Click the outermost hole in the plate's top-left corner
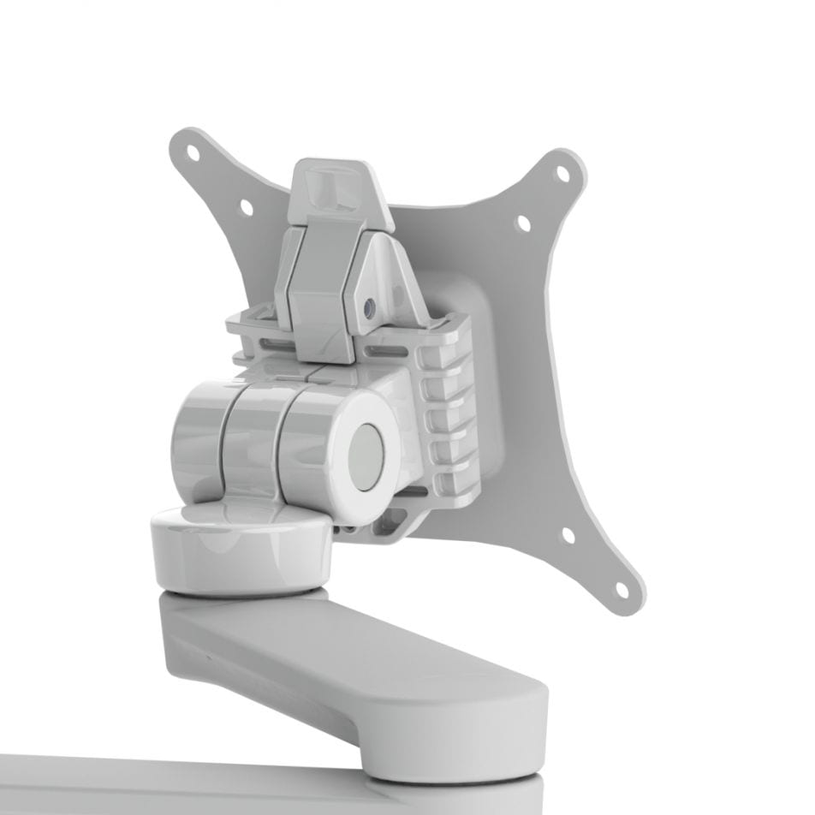[193, 155]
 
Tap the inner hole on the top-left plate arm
[246, 206]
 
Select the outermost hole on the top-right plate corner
[563, 173]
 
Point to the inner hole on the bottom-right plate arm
[568, 536]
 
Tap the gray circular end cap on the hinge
[366, 457]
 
